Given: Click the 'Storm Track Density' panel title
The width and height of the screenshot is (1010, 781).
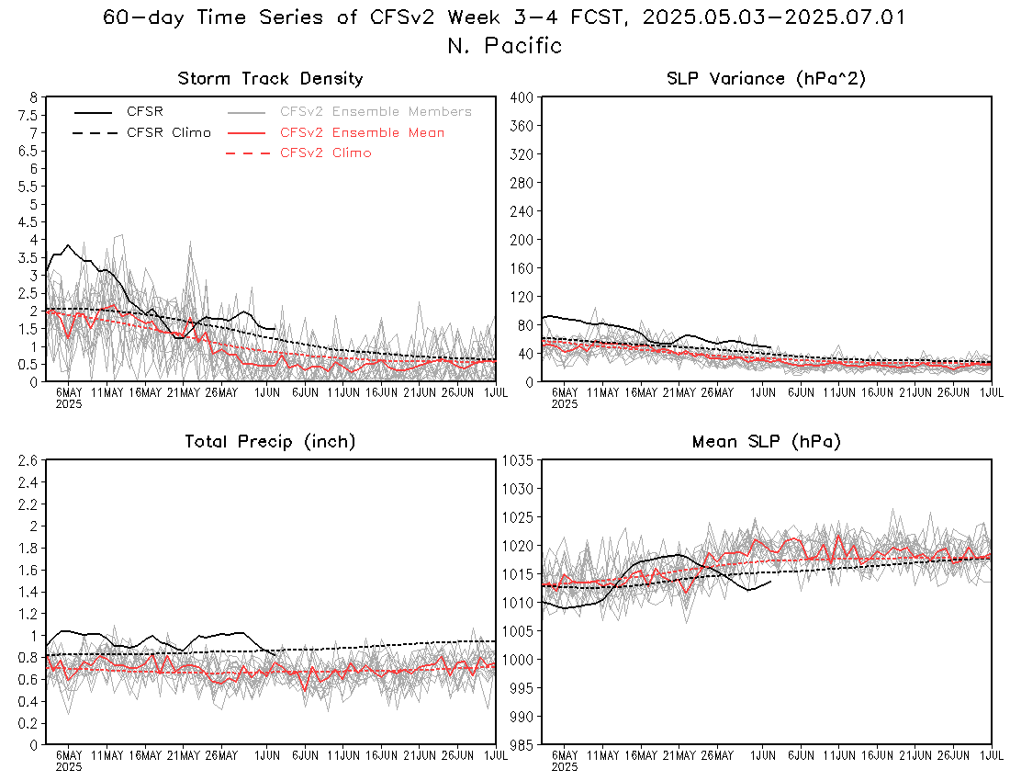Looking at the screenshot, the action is tap(270, 79).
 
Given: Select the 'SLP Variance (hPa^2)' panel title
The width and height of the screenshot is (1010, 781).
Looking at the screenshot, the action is tap(766, 79).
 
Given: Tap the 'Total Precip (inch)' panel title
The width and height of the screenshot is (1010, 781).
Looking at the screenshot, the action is tap(270, 441).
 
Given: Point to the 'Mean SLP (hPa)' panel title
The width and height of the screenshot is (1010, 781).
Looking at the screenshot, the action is tap(766, 441).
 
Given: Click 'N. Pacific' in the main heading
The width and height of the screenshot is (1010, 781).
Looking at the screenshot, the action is tap(504, 45).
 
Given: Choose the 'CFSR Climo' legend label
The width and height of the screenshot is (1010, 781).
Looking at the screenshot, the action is tap(169, 132).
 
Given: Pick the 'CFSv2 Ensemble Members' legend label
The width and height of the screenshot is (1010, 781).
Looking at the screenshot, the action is tap(376, 111).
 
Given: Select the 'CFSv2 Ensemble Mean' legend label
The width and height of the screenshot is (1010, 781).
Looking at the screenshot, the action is tap(362, 132).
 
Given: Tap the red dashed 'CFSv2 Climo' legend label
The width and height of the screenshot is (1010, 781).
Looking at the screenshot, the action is tap(325, 153).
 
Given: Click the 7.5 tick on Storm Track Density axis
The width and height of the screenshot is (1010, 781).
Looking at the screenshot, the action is tap(29, 115).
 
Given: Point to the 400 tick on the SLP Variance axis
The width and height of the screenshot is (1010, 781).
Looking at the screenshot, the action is tap(522, 97).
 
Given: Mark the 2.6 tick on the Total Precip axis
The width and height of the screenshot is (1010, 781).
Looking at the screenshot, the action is tap(29, 460).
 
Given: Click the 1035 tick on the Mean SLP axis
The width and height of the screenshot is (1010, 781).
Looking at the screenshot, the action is tap(518, 460).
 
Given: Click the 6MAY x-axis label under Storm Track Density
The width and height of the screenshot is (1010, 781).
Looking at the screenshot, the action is tap(69, 391).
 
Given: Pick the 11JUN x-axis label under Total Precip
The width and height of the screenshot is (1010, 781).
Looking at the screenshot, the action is tap(342, 754).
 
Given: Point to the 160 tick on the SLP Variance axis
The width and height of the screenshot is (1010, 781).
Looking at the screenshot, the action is tap(522, 268).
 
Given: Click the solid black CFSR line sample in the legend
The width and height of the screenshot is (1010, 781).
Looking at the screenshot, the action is tap(94, 112).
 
